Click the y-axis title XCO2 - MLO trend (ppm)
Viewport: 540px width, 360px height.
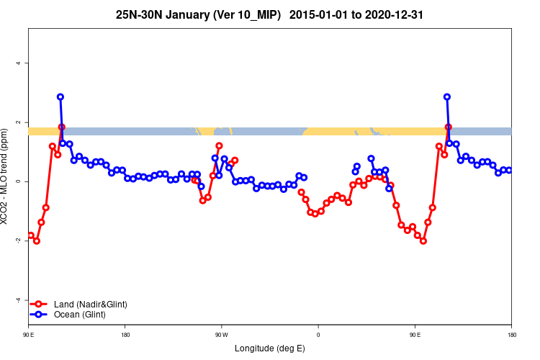click(6, 181)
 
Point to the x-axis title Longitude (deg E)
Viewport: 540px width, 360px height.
click(270, 349)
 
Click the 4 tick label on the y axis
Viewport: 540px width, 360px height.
click(18, 63)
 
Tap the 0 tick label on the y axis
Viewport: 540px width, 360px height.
click(18, 181)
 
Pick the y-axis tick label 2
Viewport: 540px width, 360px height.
click(18, 122)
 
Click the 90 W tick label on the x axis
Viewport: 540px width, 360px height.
click(221, 335)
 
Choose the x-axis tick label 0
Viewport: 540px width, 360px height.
click(318, 335)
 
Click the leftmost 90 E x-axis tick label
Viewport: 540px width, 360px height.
click(28, 335)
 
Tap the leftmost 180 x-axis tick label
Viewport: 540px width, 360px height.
click(125, 335)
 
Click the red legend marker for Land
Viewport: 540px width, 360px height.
click(40, 305)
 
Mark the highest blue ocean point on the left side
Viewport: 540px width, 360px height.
click(60, 96)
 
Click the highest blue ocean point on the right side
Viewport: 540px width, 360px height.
click(447, 96)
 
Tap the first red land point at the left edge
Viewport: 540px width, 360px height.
click(31, 235)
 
